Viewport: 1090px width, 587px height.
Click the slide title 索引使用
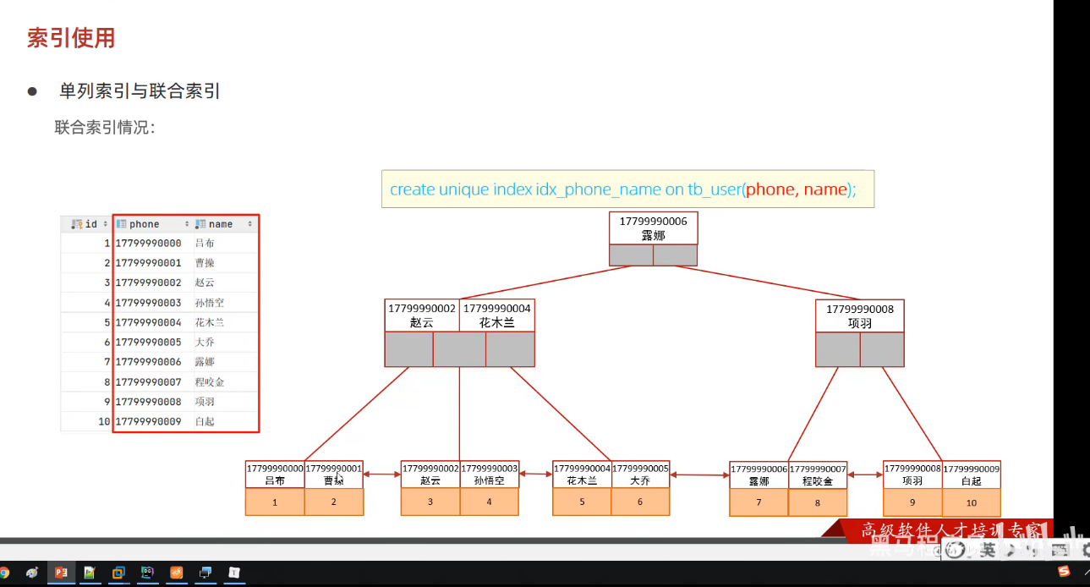[x=71, y=38]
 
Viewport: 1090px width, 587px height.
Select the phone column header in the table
[x=144, y=224]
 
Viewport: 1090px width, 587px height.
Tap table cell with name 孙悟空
[x=209, y=303]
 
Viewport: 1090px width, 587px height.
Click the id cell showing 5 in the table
[x=107, y=322]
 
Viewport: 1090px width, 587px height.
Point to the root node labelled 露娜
[x=653, y=228]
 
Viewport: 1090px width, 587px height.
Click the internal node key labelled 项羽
[x=859, y=316]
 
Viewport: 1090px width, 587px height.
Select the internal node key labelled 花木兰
[x=496, y=316]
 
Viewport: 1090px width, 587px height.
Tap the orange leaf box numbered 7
[x=759, y=502]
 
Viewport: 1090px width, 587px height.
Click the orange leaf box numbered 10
[x=971, y=502]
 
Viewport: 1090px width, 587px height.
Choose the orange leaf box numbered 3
[x=430, y=502]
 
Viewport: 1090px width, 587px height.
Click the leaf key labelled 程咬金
[x=817, y=475]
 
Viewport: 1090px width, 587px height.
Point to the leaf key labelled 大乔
[x=640, y=474]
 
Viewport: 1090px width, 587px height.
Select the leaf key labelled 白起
[x=971, y=474]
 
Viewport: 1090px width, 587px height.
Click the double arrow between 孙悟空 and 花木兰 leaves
[x=535, y=475]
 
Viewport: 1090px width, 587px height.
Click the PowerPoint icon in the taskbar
[x=61, y=573]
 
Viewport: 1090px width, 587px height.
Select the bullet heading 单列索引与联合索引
[x=140, y=91]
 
